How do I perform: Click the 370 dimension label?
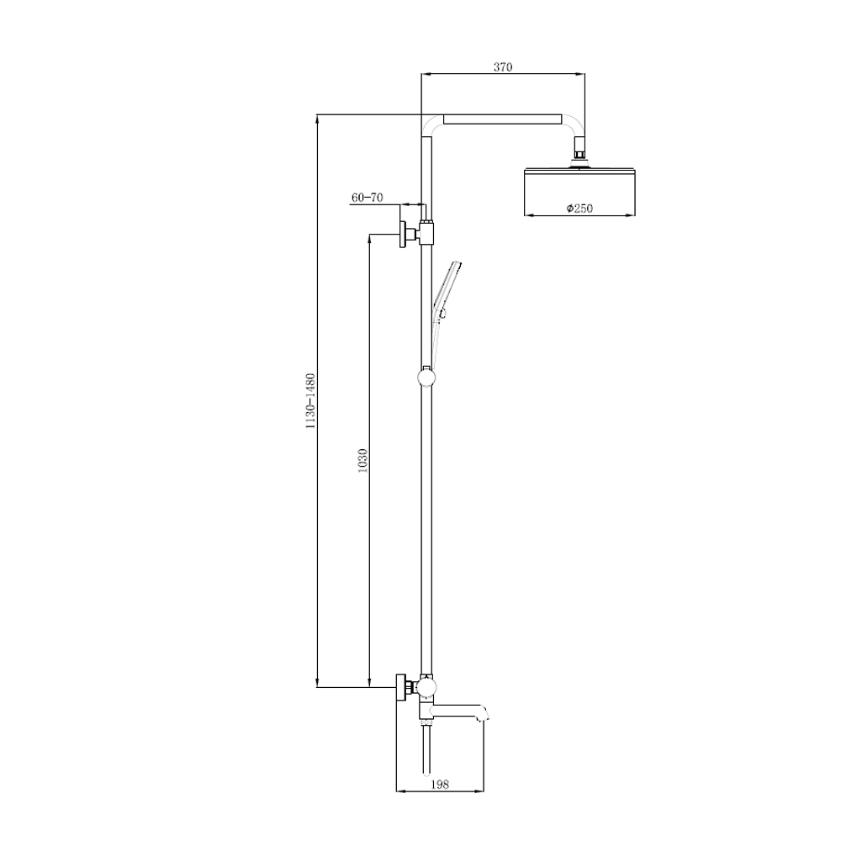click(503, 67)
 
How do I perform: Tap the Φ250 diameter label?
click(579, 208)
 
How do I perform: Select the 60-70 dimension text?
click(368, 198)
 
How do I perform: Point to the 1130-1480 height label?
click(310, 401)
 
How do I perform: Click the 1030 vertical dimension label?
click(362, 460)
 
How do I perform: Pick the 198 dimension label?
click(439, 784)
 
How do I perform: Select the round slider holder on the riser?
click(426, 377)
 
